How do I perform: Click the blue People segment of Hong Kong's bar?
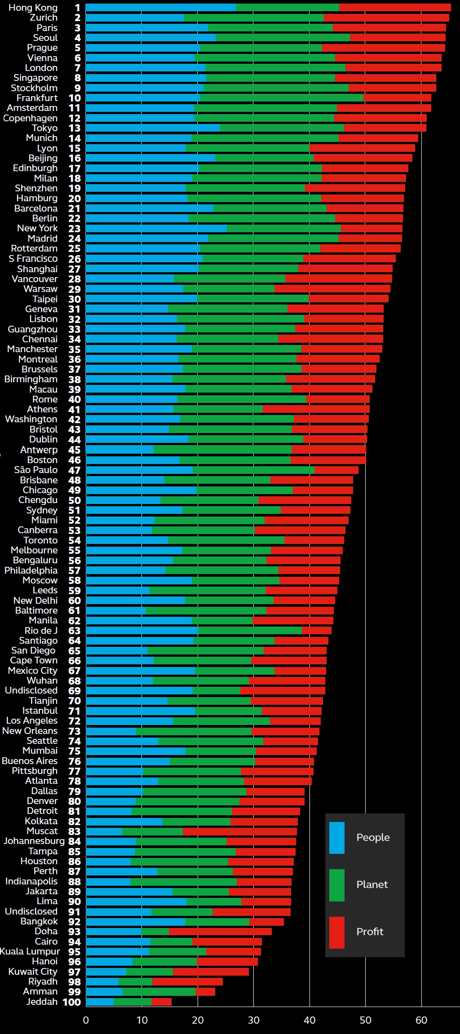coord(160,8)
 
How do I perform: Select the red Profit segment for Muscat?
coord(240,831)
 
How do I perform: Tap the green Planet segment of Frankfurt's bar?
coord(282,98)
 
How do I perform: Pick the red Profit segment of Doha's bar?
coord(220,932)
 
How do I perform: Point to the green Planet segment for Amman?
coord(159,991)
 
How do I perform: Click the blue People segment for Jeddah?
coord(100,1002)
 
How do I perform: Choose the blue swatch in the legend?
coord(337,838)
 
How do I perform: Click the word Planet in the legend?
coord(372,884)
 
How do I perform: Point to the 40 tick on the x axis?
coord(310,1020)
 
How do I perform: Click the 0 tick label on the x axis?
coord(86,1020)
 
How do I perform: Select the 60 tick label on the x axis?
coord(421,1020)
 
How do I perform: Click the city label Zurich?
coord(44,18)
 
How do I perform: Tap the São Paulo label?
coord(36,470)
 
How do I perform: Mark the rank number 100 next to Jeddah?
coord(71,1002)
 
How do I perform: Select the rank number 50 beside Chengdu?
coord(75,500)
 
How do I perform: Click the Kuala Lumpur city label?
coord(30,951)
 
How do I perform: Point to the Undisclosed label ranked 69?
coord(31,690)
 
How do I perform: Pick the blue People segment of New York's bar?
coord(156,228)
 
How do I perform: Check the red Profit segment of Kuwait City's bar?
coord(211,972)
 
